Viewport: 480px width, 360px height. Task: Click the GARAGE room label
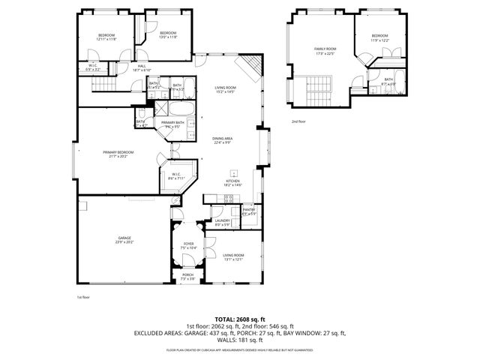point(124,238)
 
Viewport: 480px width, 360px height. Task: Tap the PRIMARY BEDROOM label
point(124,152)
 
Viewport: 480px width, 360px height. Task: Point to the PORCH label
point(187,274)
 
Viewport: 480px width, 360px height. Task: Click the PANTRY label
point(248,209)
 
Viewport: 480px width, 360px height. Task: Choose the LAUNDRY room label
point(223,220)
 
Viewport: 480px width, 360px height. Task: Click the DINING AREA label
point(223,139)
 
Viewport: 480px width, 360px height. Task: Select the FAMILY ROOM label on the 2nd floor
point(324,49)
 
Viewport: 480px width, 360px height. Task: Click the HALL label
point(142,65)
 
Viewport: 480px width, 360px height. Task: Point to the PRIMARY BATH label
point(172,122)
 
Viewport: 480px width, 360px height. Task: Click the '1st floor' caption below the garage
point(82,298)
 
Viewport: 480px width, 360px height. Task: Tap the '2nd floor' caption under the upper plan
point(298,121)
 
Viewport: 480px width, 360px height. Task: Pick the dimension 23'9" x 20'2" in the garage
point(124,242)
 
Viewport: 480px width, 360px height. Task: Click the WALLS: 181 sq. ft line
point(239,340)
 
